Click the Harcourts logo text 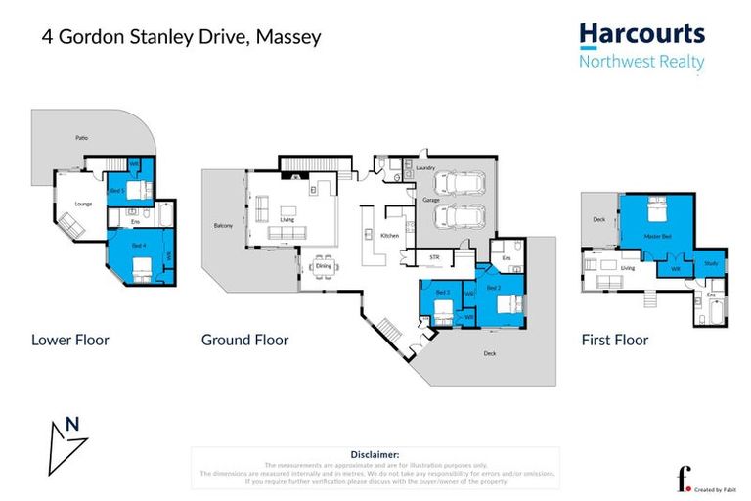tap(641, 35)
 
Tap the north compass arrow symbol tap(66, 442)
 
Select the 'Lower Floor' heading tap(69, 341)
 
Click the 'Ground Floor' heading tap(244, 341)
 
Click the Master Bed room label tap(657, 236)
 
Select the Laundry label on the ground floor tap(424, 168)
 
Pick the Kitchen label tap(389, 237)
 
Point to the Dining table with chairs tap(324, 266)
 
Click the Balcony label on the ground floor tap(223, 226)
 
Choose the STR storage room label tap(436, 258)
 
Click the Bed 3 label tap(442, 292)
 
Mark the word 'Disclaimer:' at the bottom tap(375, 455)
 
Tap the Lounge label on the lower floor tap(83, 204)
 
